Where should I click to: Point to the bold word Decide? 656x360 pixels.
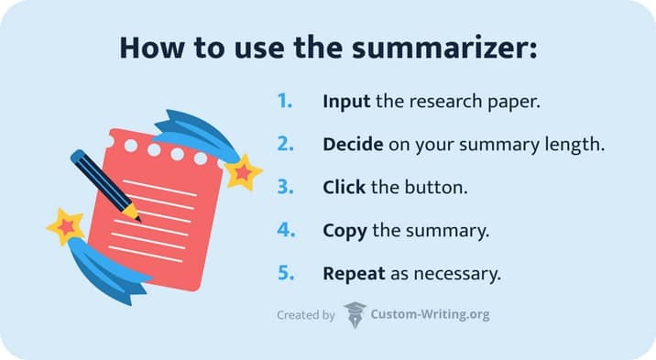[x=351, y=145]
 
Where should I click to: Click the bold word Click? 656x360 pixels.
[x=344, y=188]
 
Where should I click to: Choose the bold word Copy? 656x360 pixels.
[x=344, y=231]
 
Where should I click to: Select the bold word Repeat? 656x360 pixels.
[x=353, y=273]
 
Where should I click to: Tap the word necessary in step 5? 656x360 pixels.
[x=452, y=273]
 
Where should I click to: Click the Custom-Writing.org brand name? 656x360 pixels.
[x=430, y=315]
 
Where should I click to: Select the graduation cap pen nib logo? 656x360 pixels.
[x=354, y=314]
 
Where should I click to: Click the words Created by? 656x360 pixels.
[x=305, y=315]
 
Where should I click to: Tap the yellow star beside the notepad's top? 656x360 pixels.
[x=244, y=171]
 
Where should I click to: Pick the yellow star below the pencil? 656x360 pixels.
[x=66, y=225]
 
